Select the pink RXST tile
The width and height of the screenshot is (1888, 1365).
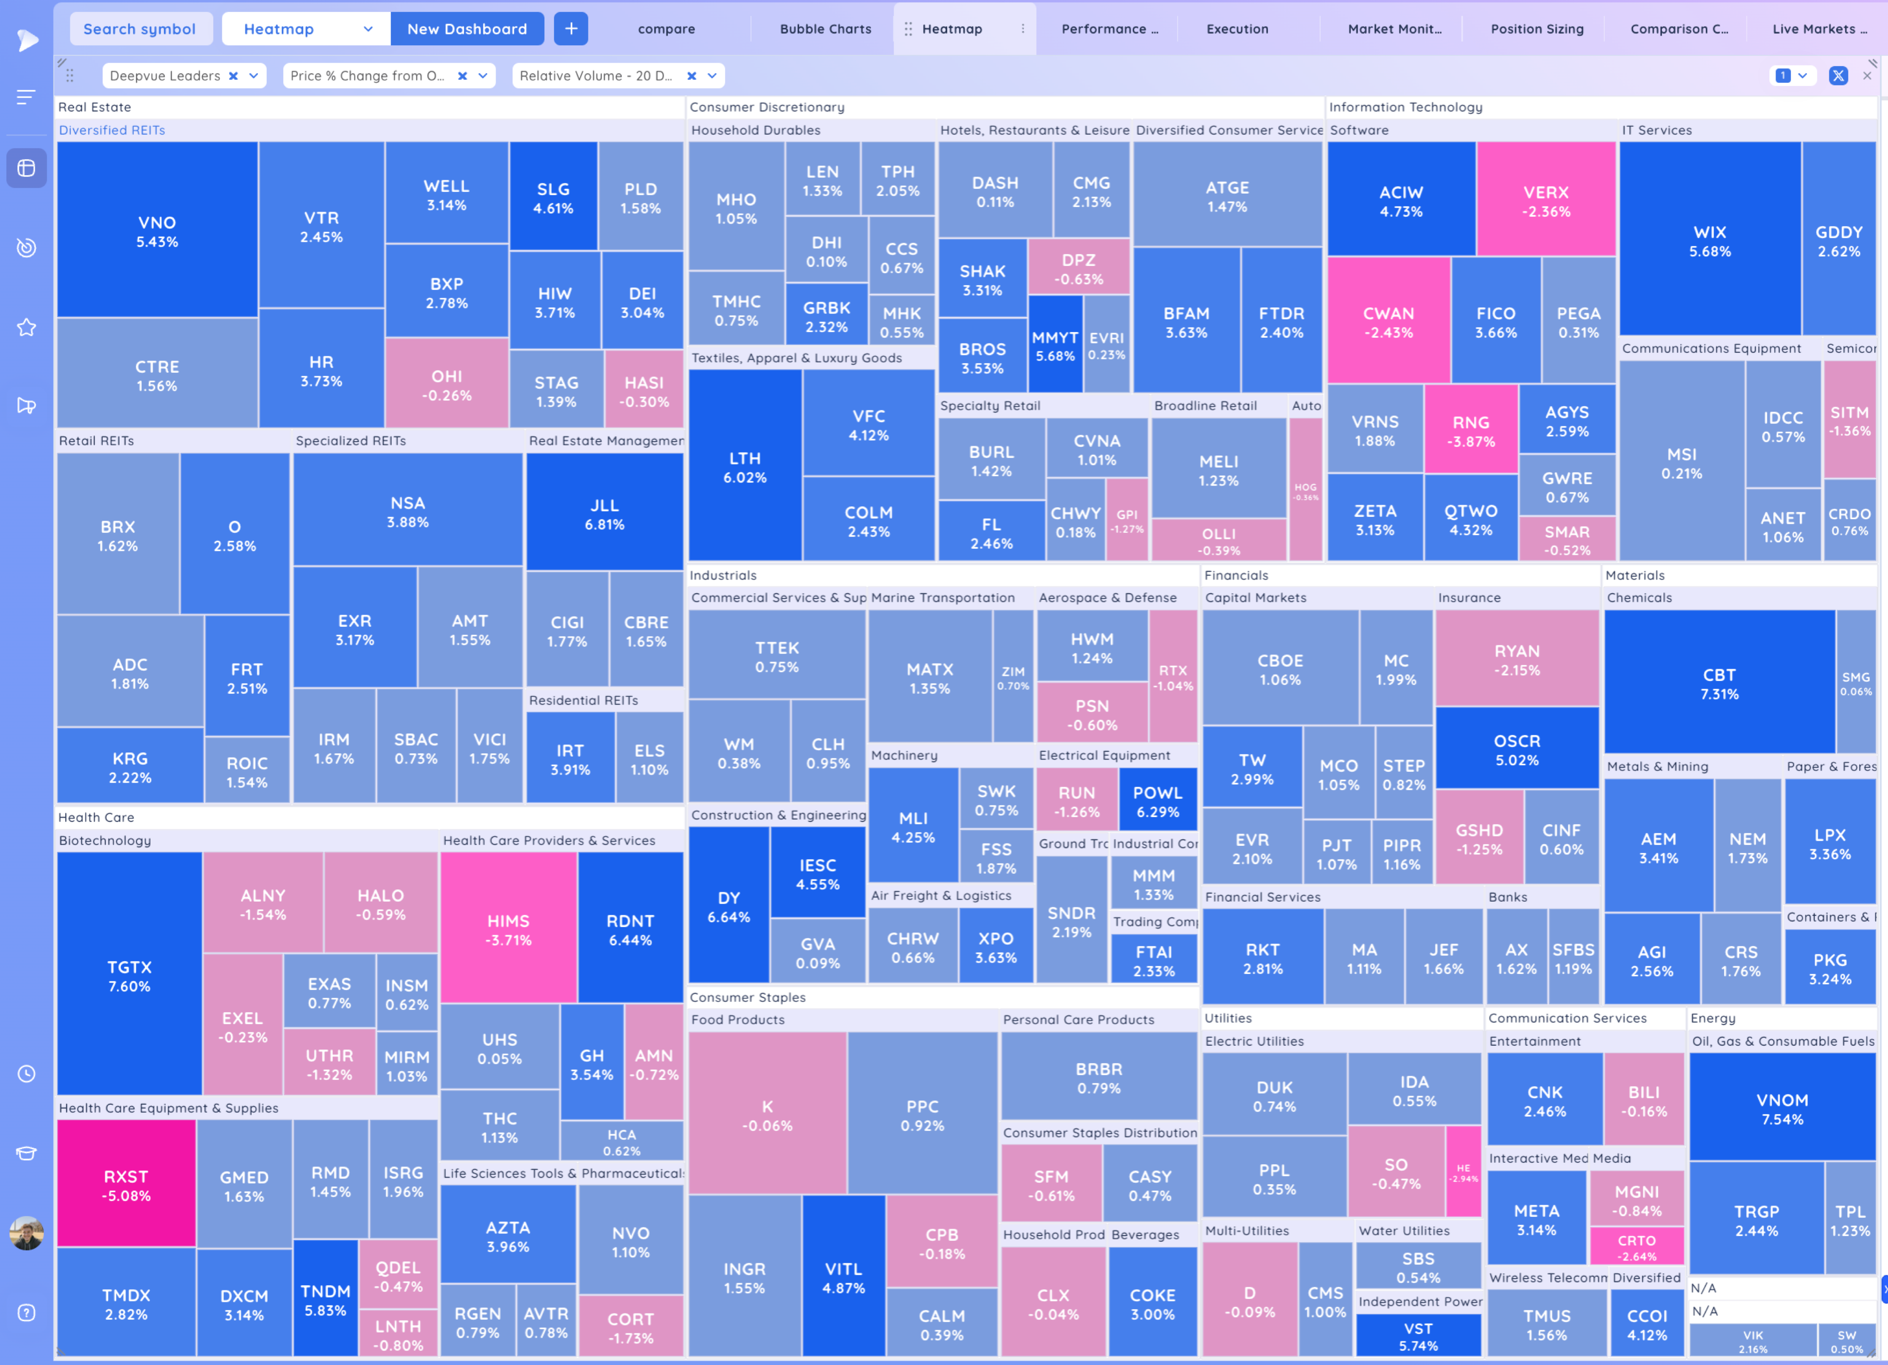tap(126, 1184)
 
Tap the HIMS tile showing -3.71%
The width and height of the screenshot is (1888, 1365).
tap(508, 930)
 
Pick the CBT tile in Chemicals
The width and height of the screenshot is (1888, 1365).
tap(1719, 683)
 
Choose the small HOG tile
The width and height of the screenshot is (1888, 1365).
tap(1305, 491)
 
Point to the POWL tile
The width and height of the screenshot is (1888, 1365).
tap(1157, 801)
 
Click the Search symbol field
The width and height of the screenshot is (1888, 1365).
tap(140, 29)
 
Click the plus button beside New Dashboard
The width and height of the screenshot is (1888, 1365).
tap(571, 29)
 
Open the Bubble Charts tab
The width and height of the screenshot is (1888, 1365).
tap(825, 29)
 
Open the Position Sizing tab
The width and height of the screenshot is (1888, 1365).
tap(1537, 29)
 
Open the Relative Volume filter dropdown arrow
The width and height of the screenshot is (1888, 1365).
tap(713, 76)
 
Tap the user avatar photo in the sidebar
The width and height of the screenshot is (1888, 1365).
tap(26, 1233)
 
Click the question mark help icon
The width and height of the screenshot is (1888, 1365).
tap(26, 1313)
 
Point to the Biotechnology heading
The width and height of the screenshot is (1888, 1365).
tap(105, 840)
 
